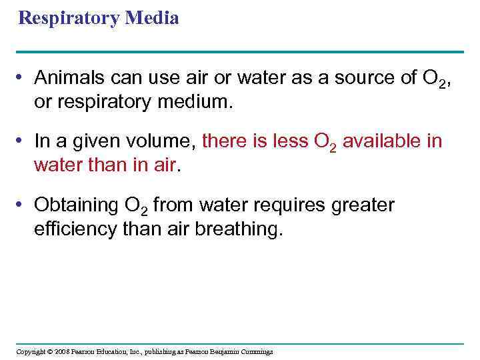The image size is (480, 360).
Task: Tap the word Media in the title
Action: click(x=151, y=18)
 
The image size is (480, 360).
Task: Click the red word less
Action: click(x=288, y=141)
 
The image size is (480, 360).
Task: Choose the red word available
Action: click(x=383, y=141)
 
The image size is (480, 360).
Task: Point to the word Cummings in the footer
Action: click(x=256, y=351)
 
